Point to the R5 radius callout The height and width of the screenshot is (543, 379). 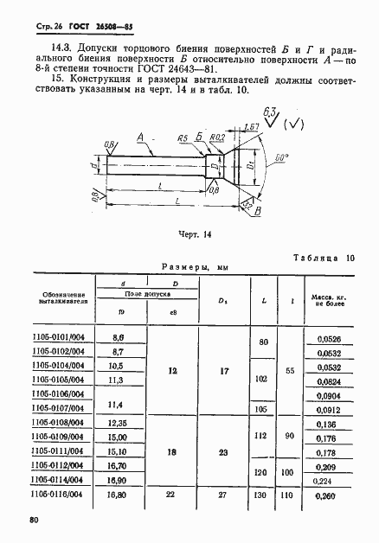coord(183,137)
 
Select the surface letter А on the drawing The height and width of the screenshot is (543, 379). coord(140,136)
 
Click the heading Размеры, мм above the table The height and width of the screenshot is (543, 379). coord(196,268)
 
